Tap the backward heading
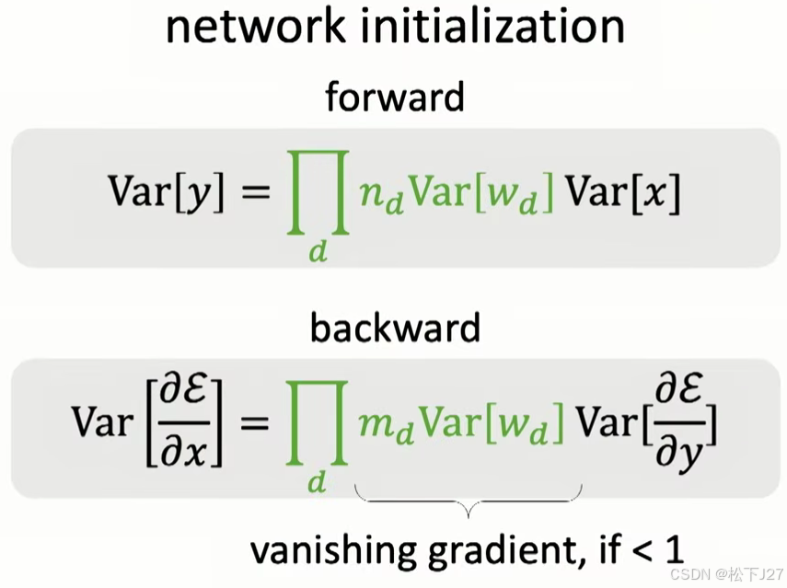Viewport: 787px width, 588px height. pos(395,328)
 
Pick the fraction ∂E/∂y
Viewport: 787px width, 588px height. pos(681,424)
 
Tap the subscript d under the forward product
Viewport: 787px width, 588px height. pos(318,251)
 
